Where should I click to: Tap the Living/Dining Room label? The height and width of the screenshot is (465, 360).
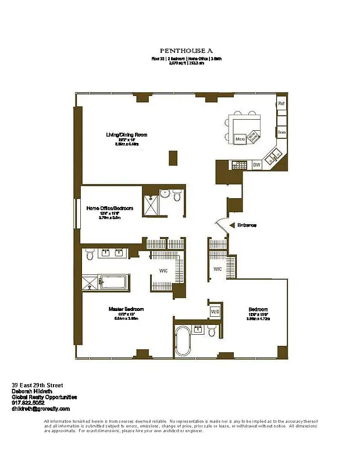126,135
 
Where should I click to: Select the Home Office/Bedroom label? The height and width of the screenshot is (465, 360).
110,208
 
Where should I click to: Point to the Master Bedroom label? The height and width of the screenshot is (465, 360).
126,309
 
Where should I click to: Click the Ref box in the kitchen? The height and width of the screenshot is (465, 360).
281,103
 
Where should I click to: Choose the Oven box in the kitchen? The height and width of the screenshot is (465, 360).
281,133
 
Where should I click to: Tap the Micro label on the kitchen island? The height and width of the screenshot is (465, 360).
240,139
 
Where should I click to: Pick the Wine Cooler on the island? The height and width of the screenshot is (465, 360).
254,137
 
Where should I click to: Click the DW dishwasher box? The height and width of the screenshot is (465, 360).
256,166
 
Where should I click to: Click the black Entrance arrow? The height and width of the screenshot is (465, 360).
232,225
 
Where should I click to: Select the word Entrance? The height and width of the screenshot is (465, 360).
247,225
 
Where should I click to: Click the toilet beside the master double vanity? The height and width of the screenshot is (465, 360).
89,255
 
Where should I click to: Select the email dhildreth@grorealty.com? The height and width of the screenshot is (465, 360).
41,409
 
